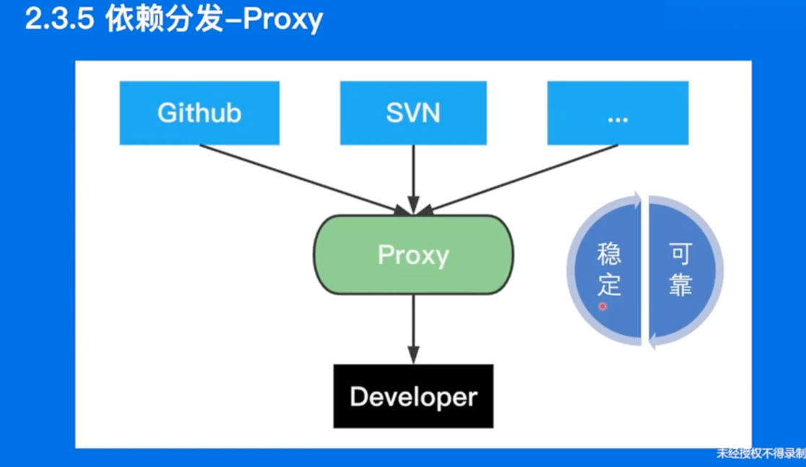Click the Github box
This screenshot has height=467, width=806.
point(199,113)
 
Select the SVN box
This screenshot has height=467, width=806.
point(413,113)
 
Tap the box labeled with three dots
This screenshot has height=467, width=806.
point(618,113)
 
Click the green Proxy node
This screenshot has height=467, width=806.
point(414,255)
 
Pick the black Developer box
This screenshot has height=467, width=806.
point(413,396)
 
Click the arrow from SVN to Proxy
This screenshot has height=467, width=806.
point(413,180)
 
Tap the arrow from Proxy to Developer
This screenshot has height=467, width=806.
point(413,329)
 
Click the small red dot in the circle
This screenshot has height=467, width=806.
point(603,307)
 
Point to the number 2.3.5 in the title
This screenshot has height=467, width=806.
point(60,19)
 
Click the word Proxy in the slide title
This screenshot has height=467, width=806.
point(282,20)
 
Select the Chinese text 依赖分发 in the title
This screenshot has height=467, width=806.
point(165,19)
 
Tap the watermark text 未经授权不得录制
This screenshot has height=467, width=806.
point(760,453)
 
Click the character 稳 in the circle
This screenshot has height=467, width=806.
point(609,254)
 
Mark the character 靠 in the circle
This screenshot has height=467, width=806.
point(680,284)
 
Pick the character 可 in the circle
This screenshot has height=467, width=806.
point(680,254)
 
